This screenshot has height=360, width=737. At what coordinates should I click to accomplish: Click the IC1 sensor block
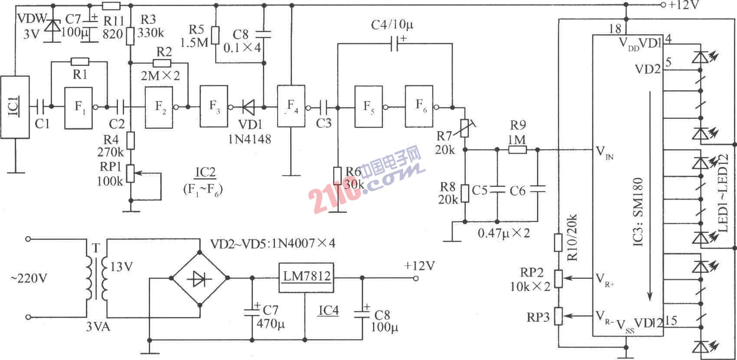pyautogui.click(x=15, y=107)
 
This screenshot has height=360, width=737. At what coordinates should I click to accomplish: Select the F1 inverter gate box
pyautogui.click(x=79, y=108)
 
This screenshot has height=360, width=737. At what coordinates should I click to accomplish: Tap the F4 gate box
pyautogui.click(x=292, y=106)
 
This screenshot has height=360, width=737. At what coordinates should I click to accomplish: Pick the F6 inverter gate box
pyautogui.click(x=419, y=106)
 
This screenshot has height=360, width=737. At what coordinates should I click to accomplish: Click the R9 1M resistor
pyautogui.click(x=517, y=150)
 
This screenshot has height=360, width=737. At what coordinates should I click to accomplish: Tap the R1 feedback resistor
pyautogui.click(x=80, y=62)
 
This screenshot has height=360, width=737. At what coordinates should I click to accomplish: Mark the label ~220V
pyautogui.click(x=29, y=278)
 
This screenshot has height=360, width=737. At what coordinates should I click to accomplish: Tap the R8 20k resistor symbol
pyautogui.click(x=465, y=193)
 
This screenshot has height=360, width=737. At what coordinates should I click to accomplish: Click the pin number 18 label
pyautogui.click(x=615, y=29)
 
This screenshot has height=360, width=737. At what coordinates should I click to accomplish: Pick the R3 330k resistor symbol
pyautogui.click(x=130, y=36)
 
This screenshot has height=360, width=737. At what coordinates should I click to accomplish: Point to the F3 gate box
pyautogui.click(x=214, y=106)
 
